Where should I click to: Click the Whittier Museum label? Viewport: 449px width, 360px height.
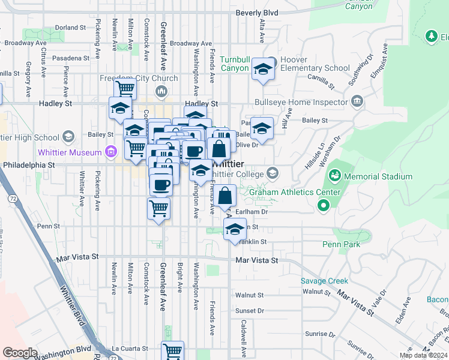(70, 152)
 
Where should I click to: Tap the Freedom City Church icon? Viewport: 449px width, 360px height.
(161, 91)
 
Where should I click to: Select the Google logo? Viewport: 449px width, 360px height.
(19, 353)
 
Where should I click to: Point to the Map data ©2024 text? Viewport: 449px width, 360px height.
(423, 355)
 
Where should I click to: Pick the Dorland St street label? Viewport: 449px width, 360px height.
(70, 28)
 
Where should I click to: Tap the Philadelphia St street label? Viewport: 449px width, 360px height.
(29, 164)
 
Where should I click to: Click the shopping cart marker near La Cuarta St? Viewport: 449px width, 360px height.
(172, 351)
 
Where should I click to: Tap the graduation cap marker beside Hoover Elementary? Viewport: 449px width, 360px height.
(262, 69)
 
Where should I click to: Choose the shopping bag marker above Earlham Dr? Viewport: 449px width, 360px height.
(225, 196)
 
